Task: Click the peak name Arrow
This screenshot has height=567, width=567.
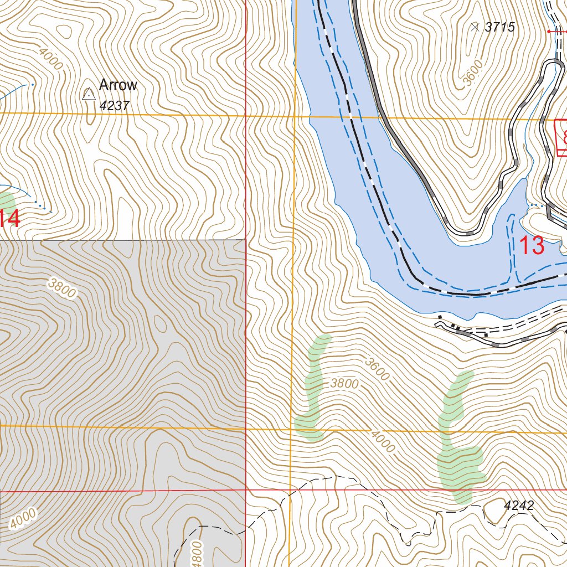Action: pos(117,85)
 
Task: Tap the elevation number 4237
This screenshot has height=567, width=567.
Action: pos(115,105)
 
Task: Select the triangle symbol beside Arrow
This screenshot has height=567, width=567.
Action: pos(88,94)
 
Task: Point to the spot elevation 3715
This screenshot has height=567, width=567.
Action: pos(499,27)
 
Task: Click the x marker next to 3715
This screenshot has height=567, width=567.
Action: pos(474,26)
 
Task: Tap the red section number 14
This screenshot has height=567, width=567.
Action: pos(10,219)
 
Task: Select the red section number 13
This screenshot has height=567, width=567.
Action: pos(532,245)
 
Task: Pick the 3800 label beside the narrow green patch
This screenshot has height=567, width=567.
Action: pos(344,383)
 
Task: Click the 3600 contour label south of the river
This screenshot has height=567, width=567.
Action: pos(377,369)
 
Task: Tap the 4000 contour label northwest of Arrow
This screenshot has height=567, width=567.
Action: pos(50,58)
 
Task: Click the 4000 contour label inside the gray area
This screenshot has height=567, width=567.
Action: pos(23,518)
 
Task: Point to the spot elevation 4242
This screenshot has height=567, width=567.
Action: pos(519,505)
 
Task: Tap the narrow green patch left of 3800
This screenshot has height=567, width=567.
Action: pos(313,388)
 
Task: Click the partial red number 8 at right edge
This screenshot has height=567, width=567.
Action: pos(564,136)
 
